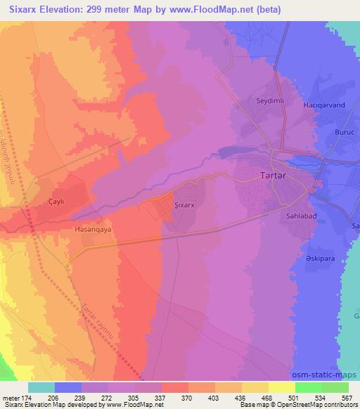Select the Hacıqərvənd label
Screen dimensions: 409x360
point(321,105)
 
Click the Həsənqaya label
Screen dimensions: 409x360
point(94,229)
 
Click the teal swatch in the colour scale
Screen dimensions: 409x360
point(42,387)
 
